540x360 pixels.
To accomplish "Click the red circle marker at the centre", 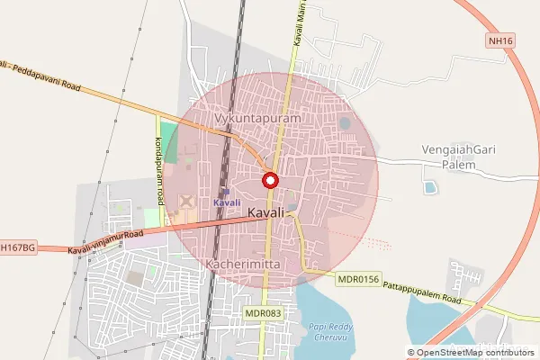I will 269,180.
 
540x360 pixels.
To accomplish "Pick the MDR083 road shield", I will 263,312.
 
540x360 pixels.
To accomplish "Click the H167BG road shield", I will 17,247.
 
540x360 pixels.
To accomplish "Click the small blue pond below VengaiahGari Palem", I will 430,187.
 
